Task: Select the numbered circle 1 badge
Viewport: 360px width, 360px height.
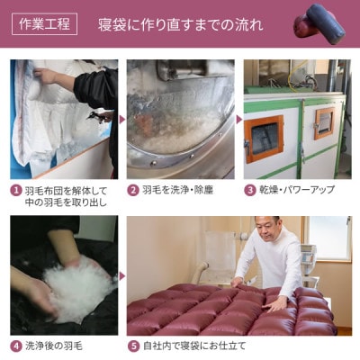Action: pyautogui.click(x=16, y=190)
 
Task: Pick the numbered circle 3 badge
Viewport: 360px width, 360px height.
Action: pyautogui.click(x=251, y=190)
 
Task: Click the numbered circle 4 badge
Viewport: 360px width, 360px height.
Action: pyautogui.click(x=16, y=345)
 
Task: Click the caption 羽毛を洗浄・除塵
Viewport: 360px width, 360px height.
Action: pyautogui.click(x=178, y=190)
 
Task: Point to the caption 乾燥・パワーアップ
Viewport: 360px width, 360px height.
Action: pyautogui.click(x=296, y=190)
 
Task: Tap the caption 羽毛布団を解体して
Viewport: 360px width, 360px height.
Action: pyautogui.click(x=65, y=190)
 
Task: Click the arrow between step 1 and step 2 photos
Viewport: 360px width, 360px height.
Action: pyautogui.click(x=121, y=118)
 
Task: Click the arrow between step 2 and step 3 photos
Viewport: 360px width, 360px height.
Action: pyautogui.click(x=239, y=118)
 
